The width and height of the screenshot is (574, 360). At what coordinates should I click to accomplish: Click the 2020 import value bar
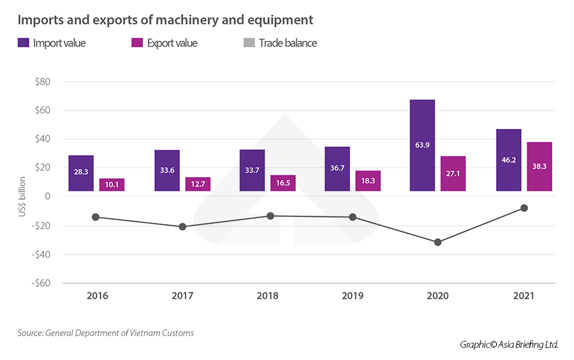tap(422, 145)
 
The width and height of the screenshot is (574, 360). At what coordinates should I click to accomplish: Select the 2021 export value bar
tap(540, 166)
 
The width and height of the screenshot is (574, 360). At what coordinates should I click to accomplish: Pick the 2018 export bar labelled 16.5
tap(283, 183)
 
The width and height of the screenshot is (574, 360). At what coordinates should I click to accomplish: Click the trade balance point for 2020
tap(438, 242)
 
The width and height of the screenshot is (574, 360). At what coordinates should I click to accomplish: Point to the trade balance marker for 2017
tap(182, 227)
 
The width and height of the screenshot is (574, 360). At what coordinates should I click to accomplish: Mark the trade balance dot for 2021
tap(524, 207)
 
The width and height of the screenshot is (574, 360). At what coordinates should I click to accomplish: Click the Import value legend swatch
tap(23, 43)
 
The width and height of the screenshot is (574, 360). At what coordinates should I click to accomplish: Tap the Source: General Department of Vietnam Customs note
tap(105, 333)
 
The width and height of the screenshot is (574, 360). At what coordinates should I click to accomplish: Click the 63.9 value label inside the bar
tap(422, 145)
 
